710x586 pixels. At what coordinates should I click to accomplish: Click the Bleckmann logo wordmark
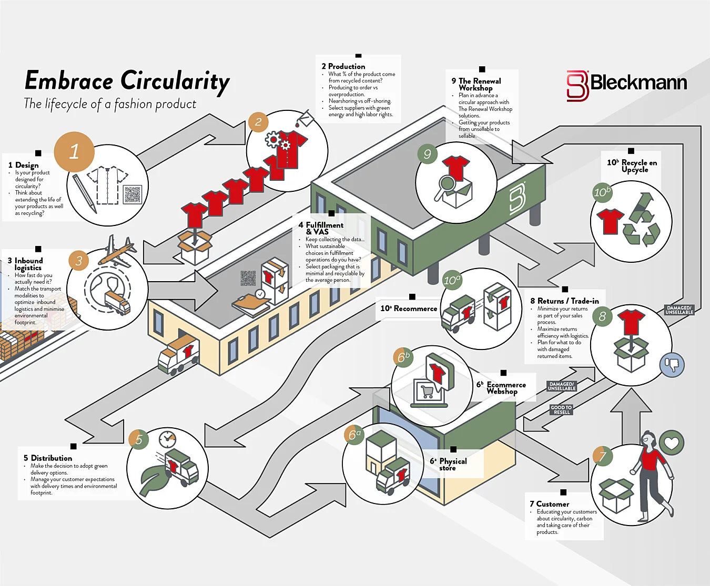[638, 83]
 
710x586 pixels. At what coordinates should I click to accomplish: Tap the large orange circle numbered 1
[74, 151]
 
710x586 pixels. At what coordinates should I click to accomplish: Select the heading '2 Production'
[343, 66]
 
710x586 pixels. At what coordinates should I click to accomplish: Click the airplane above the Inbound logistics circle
[117, 251]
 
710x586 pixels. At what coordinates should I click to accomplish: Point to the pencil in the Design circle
[85, 194]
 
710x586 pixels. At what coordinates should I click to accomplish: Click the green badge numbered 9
[428, 154]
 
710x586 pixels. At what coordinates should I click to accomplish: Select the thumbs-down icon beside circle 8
[672, 365]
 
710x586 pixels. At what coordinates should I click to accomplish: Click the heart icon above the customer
[671, 443]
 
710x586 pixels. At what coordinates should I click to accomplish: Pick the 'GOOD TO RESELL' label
[561, 409]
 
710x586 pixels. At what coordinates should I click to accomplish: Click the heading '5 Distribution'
[48, 458]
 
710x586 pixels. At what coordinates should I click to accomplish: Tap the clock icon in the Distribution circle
[167, 440]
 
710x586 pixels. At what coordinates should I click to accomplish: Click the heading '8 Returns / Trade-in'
[564, 301]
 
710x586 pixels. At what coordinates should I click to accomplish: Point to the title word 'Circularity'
[175, 81]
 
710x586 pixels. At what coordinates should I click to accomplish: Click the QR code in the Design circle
[133, 194]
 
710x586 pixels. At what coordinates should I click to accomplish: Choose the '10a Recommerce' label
[409, 309]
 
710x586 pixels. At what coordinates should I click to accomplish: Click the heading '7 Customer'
[549, 504]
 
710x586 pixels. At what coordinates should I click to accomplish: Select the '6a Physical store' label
[448, 464]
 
